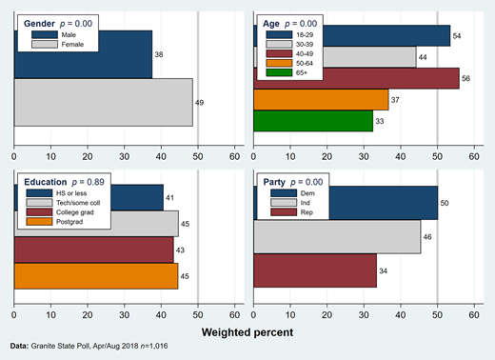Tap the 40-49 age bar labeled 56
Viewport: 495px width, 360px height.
(381, 78)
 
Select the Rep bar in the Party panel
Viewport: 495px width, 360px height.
(313, 270)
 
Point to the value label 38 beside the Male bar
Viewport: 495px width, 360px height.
(159, 55)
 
